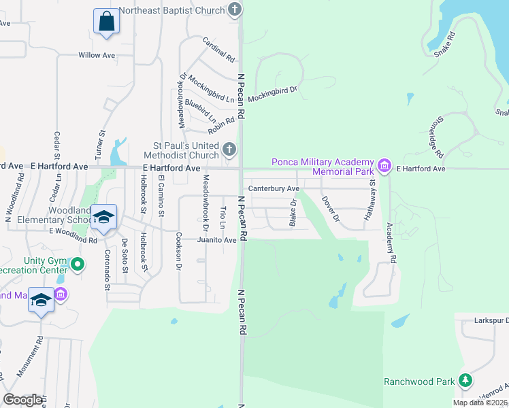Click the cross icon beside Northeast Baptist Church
coord(235,10)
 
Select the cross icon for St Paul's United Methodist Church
coord(230,148)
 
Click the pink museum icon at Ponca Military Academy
coord(384,165)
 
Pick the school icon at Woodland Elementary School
coord(103,217)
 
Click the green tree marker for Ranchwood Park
coord(465,381)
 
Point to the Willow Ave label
coord(97,55)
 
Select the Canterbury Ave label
coord(274,188)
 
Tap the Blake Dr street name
coord(293,212)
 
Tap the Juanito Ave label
coord(216,240)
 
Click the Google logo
coord(22,400)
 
